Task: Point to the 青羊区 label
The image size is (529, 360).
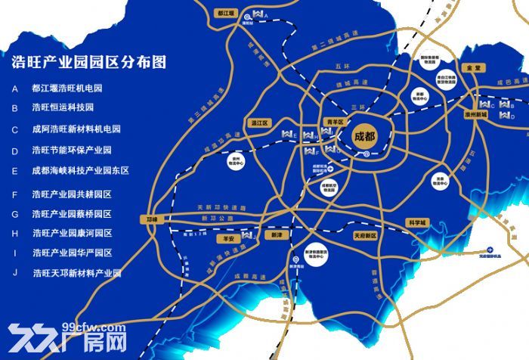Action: (x=334, y=121)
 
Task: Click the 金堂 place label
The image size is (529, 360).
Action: (x=474, y=67)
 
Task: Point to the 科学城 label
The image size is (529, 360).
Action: (x=416, y=222)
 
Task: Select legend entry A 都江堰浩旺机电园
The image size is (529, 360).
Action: (x=68, y=88)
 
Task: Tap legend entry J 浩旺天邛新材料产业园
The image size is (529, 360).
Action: (x=76, y=273)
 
